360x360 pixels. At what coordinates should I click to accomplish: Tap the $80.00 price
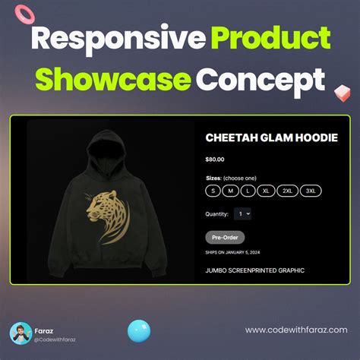click(x=216, y=159)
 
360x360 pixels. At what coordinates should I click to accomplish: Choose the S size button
click(x=213, y=191)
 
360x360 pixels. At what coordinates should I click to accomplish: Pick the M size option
click(x=231, y=191)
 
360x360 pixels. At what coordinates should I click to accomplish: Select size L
click(x=248, y=191)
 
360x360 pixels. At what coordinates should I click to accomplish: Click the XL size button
click(x=266, y=191)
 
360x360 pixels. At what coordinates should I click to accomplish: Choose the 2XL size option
click(x=287, y=191)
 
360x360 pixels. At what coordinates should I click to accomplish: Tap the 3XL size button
click(x=311, y=191)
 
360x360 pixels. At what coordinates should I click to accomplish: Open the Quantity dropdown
click(x=242, y=214)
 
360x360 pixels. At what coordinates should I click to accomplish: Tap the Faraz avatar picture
click(x=21, y=333)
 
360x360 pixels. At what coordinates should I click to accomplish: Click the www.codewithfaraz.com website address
click(x=296, y=330)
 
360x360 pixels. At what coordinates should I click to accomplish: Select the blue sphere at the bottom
click(x=139, y=331)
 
